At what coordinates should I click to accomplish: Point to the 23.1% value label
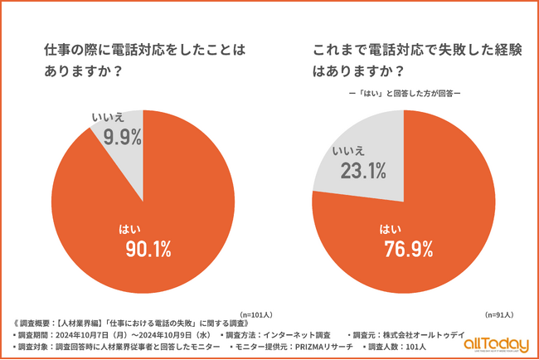click(x=363, y=171)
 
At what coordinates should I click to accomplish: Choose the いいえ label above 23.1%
click(x=351, y=152)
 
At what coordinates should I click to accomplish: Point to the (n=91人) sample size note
click(x=498, y=315)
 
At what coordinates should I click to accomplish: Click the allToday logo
click(x=495, y=343)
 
